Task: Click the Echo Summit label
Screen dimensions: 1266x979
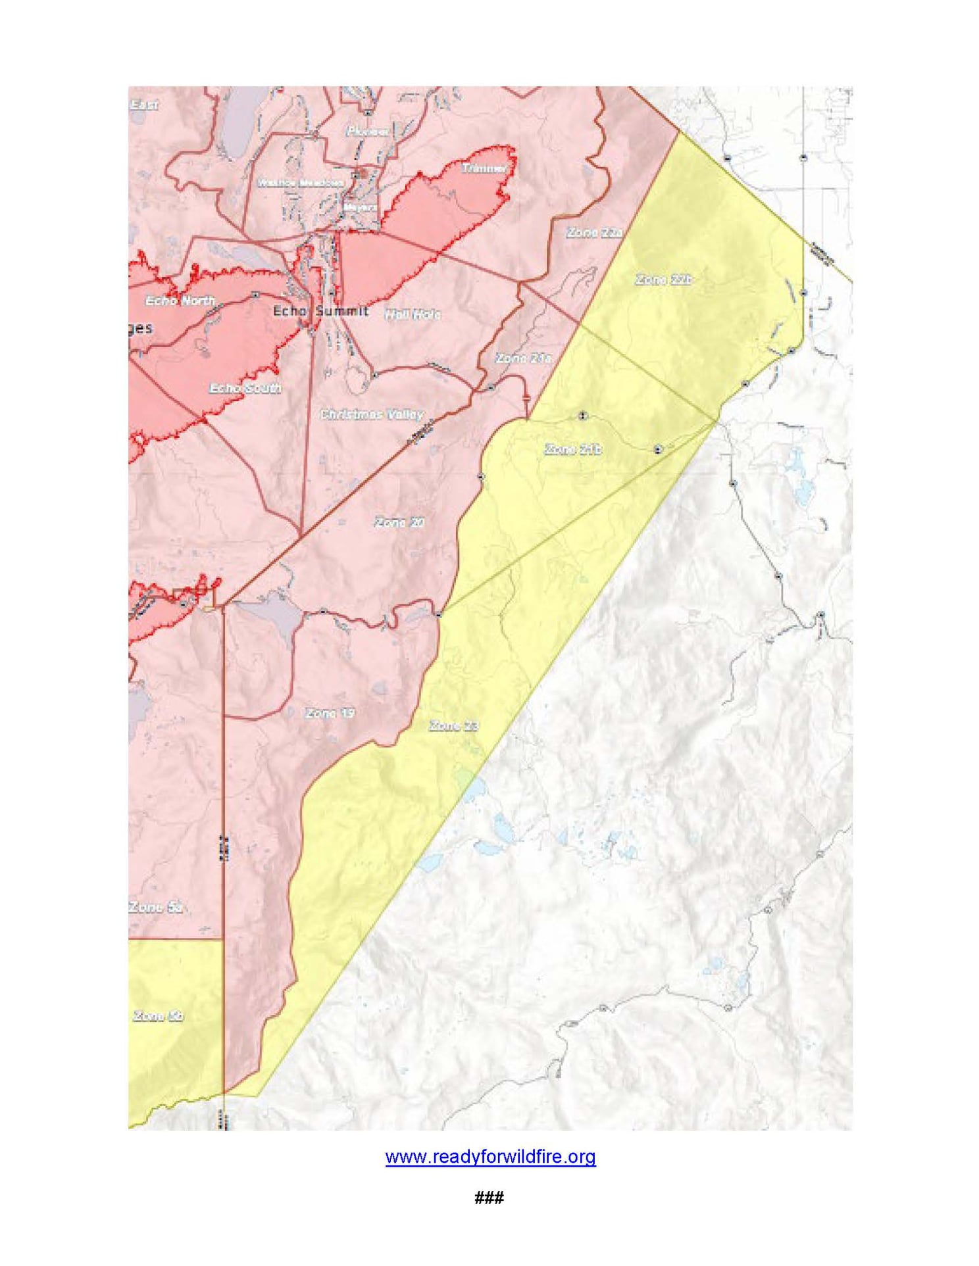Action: [x=320, y=310]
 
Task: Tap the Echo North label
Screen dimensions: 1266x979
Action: [x=180, y=301]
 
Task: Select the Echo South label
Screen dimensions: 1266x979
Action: [x=245, y=388]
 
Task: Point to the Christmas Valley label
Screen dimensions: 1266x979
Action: [x=372, y=414]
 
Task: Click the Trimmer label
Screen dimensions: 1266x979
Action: [x=484, y=168]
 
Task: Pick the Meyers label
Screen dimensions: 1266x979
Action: [x=361, y=207]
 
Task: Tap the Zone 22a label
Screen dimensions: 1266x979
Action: [x=594, y=233]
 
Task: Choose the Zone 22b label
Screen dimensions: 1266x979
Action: [x=663, y=280]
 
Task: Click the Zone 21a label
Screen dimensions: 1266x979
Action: [x=523, y=358]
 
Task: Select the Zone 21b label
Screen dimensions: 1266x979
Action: [x=572, y=449]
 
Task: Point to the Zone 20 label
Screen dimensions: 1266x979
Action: [x=399, y=522]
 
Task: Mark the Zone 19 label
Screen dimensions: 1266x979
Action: [x=330, y=713]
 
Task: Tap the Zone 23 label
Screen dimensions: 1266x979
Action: [x=453, y=726]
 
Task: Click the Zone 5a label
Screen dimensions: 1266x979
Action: [x=155, y=908]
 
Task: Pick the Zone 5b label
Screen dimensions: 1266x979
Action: [x=158, y=1016]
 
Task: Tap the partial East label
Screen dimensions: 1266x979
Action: [x=143, y=105]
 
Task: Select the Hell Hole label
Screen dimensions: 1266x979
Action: [x=413, y=314]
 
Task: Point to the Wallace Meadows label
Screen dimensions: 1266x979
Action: [x=300, y=183]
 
